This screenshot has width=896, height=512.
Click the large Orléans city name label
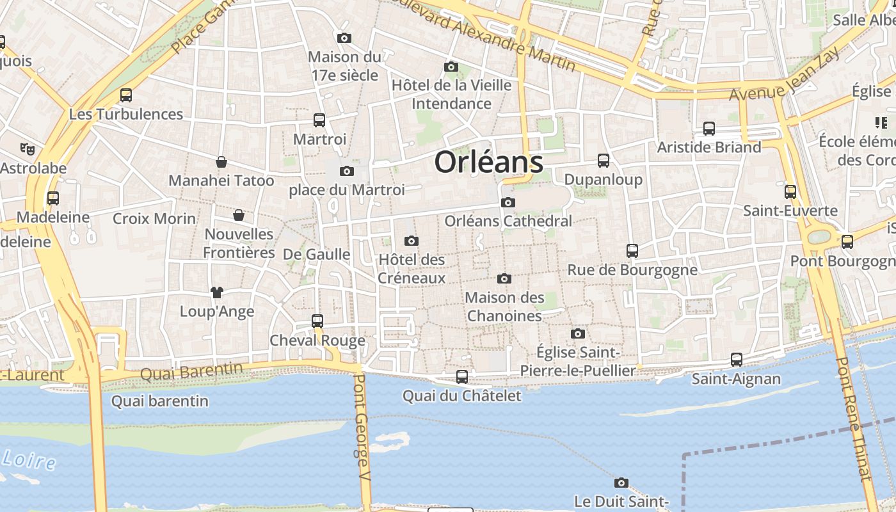click(489, 162)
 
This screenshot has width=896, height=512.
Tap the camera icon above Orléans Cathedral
click(508, 203)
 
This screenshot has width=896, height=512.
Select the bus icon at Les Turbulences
click(126, 96)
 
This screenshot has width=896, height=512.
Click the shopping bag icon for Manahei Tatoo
click(221, 162)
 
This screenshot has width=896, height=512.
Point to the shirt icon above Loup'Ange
click(217, 292)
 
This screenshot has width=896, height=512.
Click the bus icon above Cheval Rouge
click(317, 321)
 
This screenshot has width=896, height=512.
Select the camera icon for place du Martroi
click(347, 171)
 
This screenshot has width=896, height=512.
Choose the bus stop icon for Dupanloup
click(604, 161)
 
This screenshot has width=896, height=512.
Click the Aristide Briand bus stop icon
click(709, 129)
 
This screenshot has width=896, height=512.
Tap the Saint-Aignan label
click(736, 379)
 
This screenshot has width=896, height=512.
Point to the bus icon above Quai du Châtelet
click(462, 377)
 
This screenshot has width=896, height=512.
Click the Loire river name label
click(29, 460)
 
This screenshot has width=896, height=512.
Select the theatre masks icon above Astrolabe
click(27, 149)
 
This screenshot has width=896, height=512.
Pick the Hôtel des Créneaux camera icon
click(412, 241)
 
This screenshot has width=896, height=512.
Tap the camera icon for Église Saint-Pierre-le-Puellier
click(578, 334)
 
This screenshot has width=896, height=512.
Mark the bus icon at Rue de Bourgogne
click(632, 251)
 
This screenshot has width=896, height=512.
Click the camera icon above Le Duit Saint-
click(621, 483)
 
